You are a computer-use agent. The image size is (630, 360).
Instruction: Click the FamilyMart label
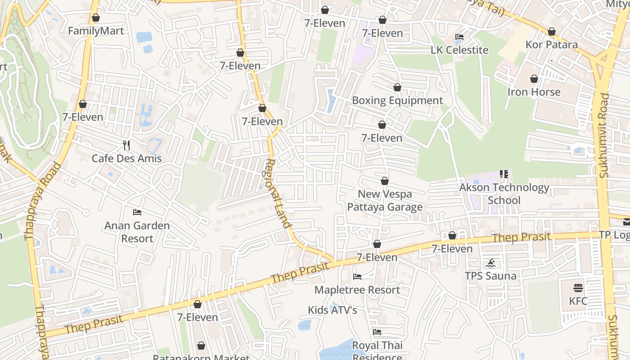point(95,31)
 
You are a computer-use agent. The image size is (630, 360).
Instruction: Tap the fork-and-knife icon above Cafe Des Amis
point(126,145)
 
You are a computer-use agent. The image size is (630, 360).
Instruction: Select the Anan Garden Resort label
point(137,232)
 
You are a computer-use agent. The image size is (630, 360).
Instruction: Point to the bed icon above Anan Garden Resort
point(137,212)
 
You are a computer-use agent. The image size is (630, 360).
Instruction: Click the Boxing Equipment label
point(397,100)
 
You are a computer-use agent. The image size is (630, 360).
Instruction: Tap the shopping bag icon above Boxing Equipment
point(397,87)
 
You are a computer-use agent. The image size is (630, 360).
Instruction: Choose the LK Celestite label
point(459,50)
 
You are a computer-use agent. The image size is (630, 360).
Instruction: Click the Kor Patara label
point(552,45)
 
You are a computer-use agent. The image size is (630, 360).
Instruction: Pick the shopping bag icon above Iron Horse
point(534,79)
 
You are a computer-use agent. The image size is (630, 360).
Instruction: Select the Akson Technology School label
point(504,193)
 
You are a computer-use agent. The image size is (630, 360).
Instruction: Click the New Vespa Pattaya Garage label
point(385,200)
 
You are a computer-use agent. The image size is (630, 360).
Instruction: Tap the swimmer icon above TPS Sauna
point(490,263)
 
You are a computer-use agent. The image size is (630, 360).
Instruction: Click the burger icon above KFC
point(578,288)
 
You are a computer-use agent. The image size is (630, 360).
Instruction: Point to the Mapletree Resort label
point(357,290)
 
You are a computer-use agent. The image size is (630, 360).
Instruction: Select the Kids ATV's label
point(333,310)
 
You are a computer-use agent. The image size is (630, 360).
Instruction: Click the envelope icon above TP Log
point(626,221)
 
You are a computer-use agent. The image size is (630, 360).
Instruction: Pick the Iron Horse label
point(534,92)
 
